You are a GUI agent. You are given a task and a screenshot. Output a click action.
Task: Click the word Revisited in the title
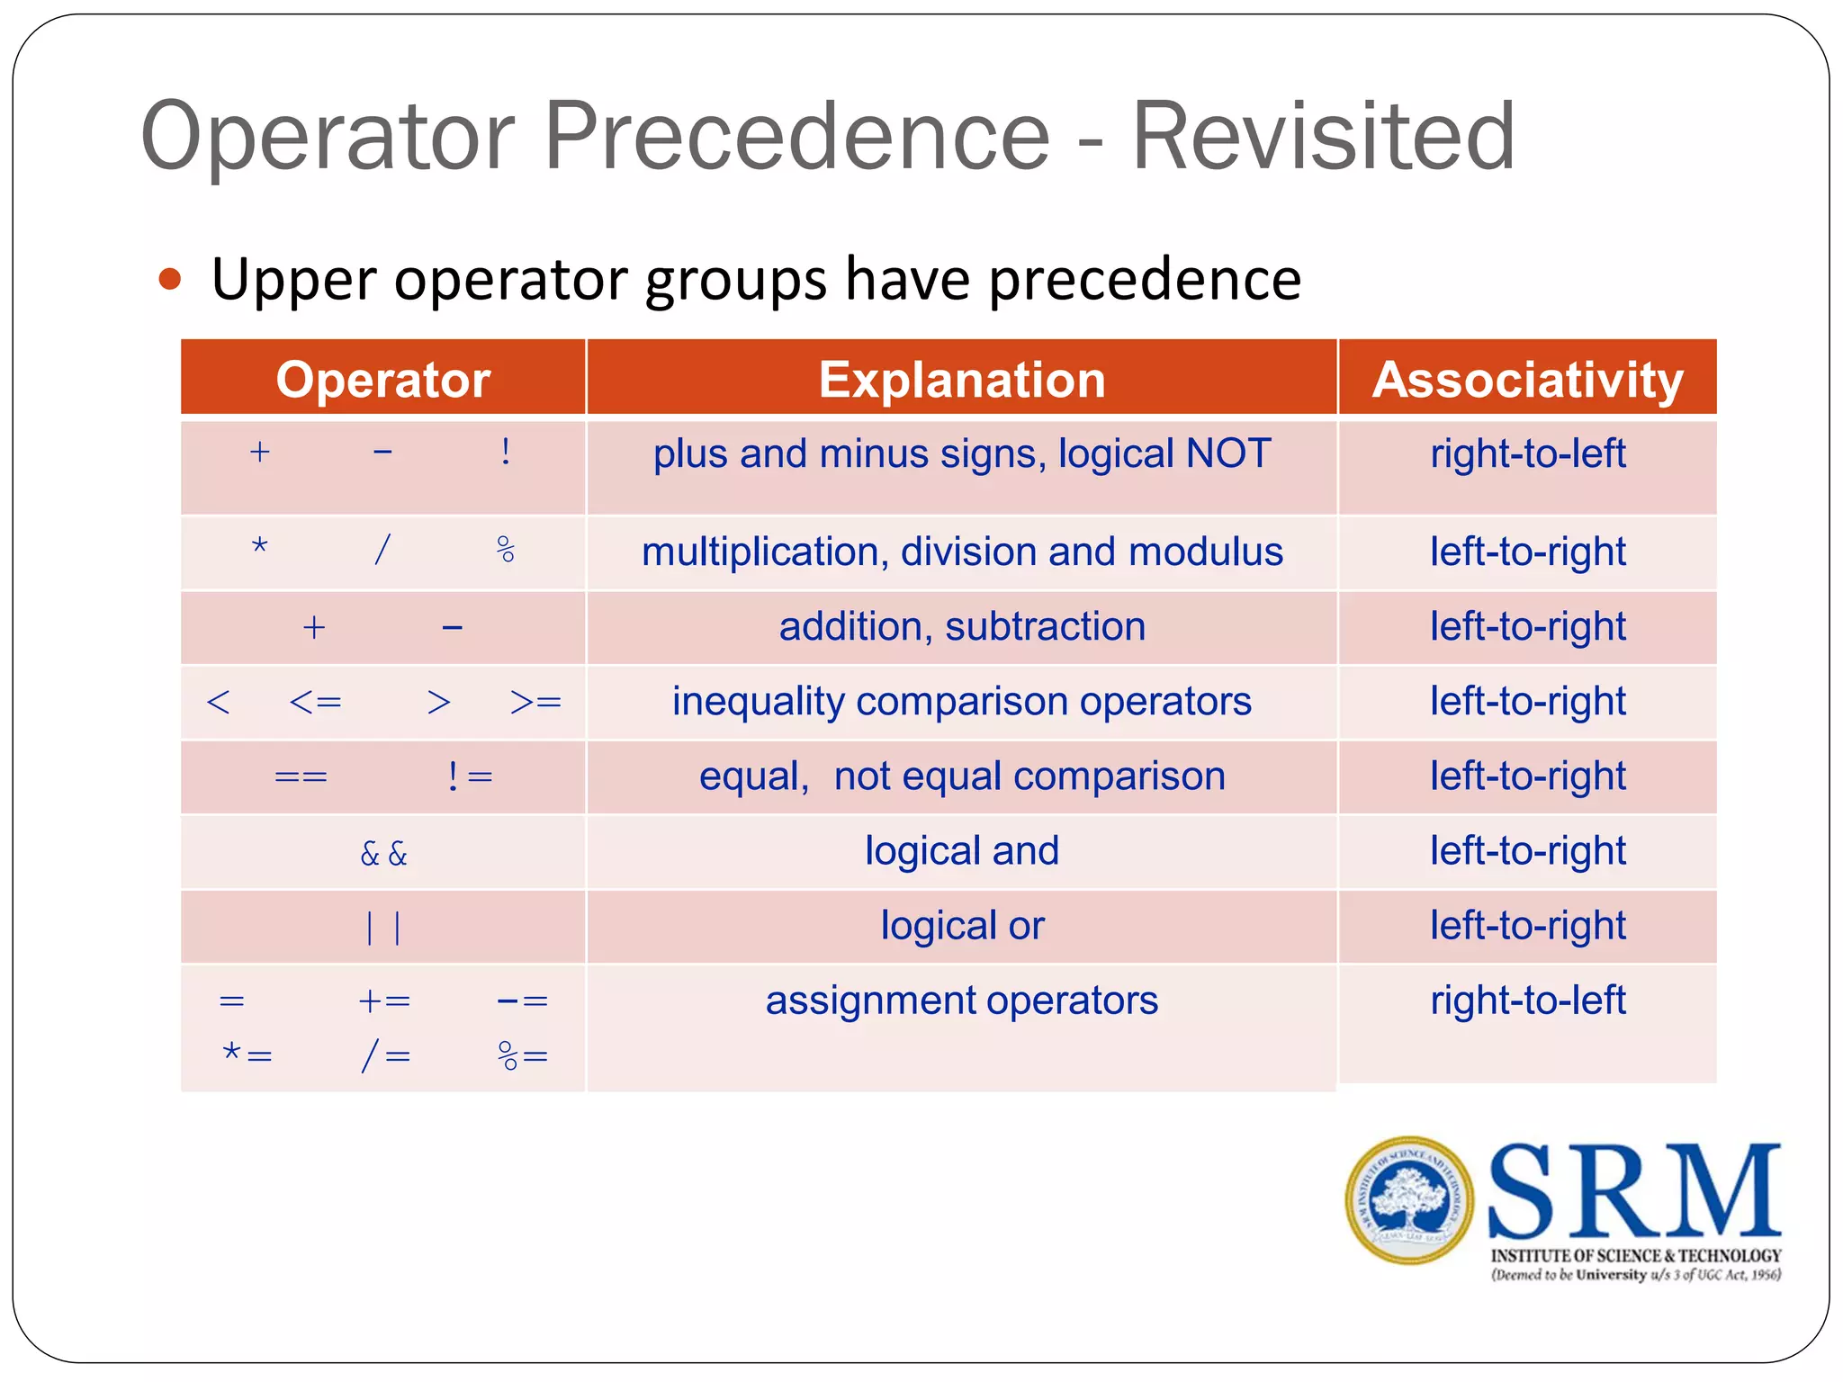[x=1323, y=137]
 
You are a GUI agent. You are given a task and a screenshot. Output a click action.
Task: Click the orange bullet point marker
[x=170, y=279]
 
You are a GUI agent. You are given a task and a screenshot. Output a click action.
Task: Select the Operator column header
[x=382, y=379]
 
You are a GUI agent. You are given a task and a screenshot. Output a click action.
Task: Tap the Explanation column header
[x=961, y=379]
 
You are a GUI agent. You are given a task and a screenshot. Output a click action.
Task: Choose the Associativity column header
[x=1527, y=379]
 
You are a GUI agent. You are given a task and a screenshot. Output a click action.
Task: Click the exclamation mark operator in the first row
[x=506, y=452]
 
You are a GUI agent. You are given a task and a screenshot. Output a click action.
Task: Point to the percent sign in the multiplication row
[x=506, y=549]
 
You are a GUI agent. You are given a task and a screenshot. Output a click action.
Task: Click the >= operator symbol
[x=535, y=702]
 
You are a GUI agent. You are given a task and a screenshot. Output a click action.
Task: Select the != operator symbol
[x=470, y=776]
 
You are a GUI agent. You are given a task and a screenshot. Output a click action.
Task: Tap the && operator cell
[x=383, y=853]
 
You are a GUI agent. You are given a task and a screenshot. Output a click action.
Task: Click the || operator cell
[x=383, y=927]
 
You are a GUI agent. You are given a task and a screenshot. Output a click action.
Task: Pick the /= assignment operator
[x=385, y=1054]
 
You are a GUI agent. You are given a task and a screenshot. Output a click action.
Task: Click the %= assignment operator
[x=522, y=1054]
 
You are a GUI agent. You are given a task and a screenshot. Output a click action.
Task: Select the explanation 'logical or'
[x=961, y=926]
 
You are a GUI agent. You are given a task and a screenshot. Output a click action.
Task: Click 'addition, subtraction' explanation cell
[x=961, y=627]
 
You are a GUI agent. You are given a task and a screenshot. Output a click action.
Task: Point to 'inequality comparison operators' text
[x=961, y=702]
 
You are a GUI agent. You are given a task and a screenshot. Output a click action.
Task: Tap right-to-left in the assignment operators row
[x=1527, y=1001]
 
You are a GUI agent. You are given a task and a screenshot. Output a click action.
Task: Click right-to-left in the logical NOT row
[x=1527, y=453]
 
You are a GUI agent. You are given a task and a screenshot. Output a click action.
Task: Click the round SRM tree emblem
[x=1409, y=1200]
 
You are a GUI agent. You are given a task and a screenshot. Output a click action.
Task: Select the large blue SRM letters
[x=1634, y=1191]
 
